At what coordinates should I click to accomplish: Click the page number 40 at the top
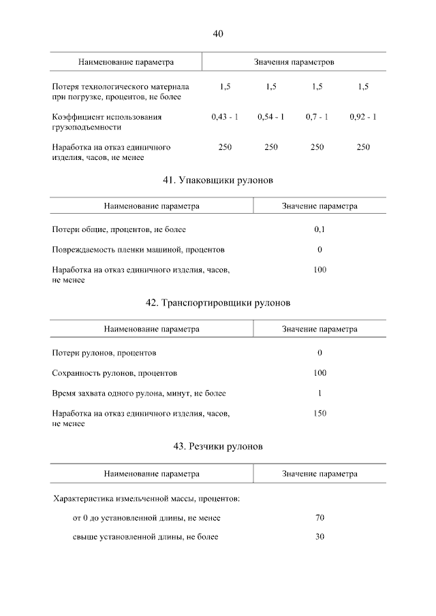click(x=218, y=33)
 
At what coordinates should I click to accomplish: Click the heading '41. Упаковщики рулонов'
click(x=218, y=180)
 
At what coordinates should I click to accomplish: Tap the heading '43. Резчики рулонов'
click(x=218, y=447)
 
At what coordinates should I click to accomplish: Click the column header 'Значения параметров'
click(x=294, y=62)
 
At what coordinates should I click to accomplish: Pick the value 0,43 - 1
click(x=225, y=117)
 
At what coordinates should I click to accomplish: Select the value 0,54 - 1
click(x=271, y=117)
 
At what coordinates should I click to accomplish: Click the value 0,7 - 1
click(x=317, y=117)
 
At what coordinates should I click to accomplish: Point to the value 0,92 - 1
click(x=363, y=117)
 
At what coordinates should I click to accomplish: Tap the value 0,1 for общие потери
click(x=320, y=230)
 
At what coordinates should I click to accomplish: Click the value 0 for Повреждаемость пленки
click(x=320, y=250)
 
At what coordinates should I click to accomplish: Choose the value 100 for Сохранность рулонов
click(x=320, y=373)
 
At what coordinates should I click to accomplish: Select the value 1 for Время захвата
click(x=320, y=393)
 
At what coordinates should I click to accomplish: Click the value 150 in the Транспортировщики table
click(x=320, y=413)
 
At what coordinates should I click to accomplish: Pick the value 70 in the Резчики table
click(x=320, y=518)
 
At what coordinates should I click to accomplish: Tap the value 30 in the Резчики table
click(x=320, y=537)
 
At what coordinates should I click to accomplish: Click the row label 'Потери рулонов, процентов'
click(x=104, y=353)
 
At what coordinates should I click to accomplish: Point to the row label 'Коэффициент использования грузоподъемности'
click(x=107, y=122)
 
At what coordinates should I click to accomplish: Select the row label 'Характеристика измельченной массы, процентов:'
click(x=146, y=499)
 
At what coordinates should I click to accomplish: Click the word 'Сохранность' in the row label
click(x=76, y=373)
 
